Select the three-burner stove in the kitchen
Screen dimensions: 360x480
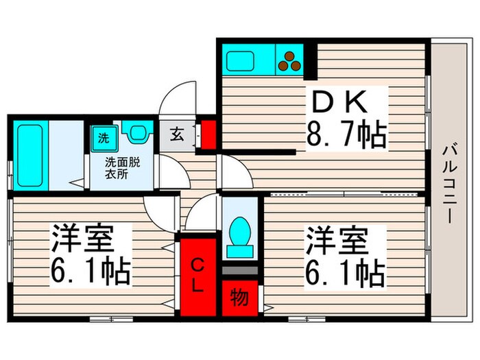tap(289, 62)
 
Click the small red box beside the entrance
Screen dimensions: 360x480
tap(208, 134)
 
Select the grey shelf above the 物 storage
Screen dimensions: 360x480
tap(239, 270)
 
